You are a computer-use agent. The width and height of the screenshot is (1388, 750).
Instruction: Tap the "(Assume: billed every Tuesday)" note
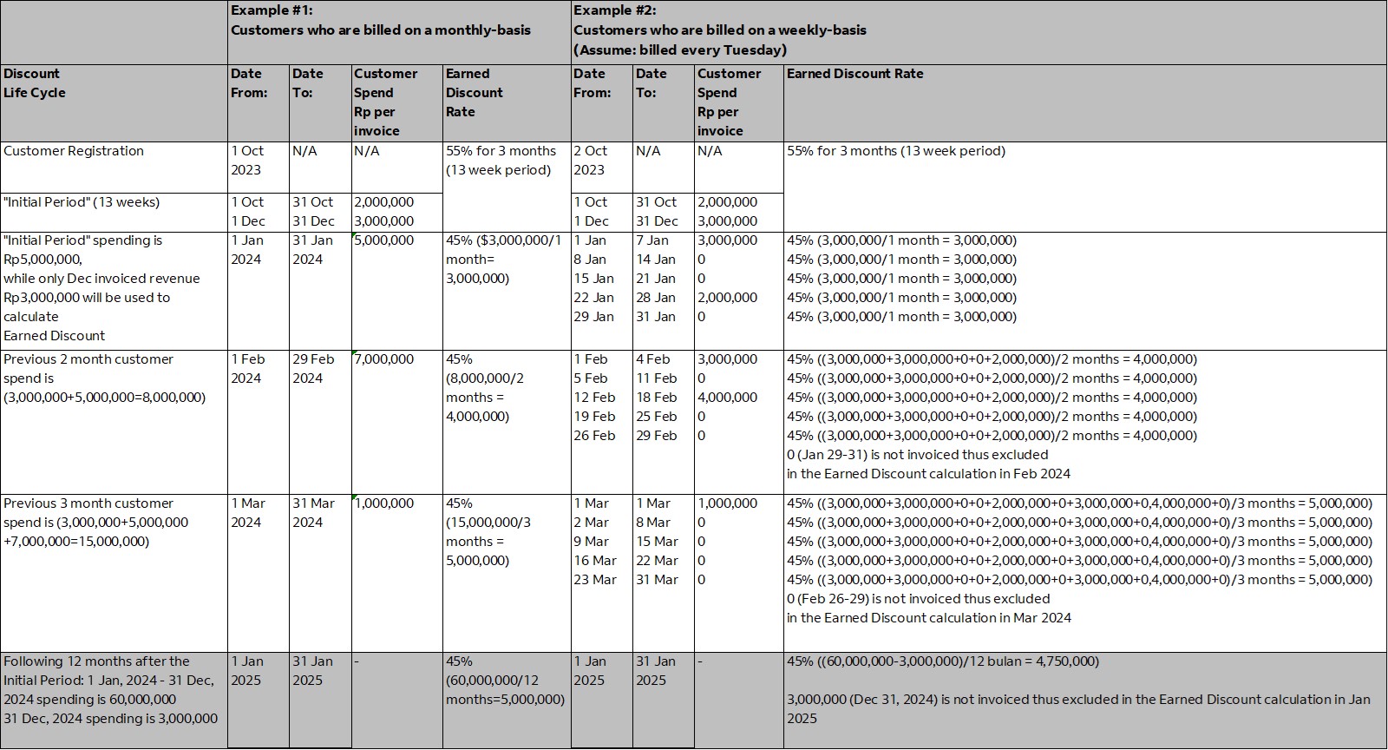coord(679,49)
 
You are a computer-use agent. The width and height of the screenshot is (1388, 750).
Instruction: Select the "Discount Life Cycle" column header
coord(35,83)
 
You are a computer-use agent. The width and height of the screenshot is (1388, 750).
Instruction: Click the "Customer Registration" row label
coord(74,151)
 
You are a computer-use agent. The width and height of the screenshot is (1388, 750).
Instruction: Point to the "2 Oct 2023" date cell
coord(590,161)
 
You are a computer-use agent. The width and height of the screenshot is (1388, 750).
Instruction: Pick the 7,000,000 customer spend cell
coord(384,359)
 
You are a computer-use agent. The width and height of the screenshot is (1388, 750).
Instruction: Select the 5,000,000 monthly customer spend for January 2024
coord(384,240)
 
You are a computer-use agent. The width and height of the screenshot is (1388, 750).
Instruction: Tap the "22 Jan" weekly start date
coord(593,298)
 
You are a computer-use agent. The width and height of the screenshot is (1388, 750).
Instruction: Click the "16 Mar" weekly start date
coord(595,561)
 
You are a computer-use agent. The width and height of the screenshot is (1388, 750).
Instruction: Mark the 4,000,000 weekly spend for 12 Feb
coord(727,398)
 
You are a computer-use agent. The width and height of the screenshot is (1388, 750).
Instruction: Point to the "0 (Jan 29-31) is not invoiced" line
coord(917,455)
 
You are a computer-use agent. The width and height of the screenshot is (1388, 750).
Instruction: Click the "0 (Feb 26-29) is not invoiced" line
coord(918,599)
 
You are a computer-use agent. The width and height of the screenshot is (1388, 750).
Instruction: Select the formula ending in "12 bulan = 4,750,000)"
coord(942,661)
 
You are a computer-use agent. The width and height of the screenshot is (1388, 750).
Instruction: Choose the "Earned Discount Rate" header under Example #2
coord(854,74)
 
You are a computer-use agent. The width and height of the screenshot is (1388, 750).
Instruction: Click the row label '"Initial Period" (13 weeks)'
coord(82,202)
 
